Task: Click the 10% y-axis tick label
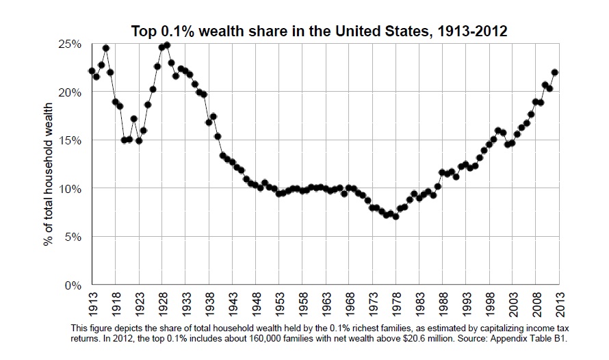point(71,189)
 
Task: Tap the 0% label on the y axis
point(74,285)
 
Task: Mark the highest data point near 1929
point(167,45)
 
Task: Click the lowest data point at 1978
point(396,216)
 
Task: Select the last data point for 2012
point(555,72)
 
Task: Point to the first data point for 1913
point(92,70)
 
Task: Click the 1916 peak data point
point(106,48)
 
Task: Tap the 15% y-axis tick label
point(71,140)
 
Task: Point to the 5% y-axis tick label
point(74,237)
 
